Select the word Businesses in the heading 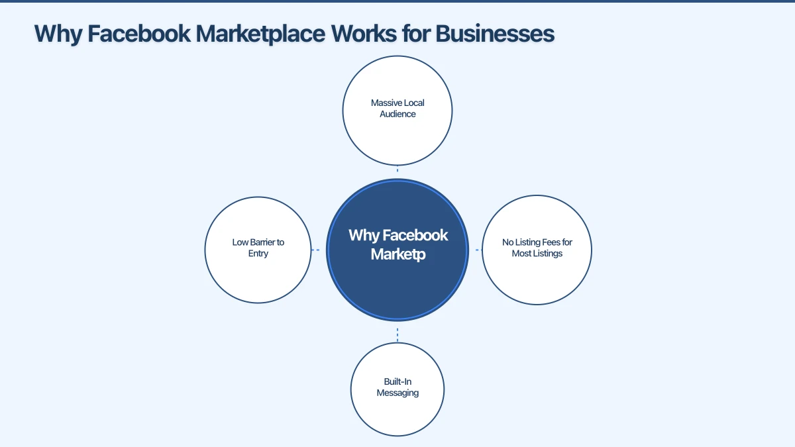click(495, 34)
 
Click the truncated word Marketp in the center click(397, 254)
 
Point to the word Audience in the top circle click(397, 114)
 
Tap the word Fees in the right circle click(549, 242)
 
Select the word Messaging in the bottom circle click(397, 393)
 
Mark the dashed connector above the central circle click(397, 170)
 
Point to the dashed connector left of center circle click(316, 250)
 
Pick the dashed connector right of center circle click(478, 250)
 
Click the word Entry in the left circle click(258, 254)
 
